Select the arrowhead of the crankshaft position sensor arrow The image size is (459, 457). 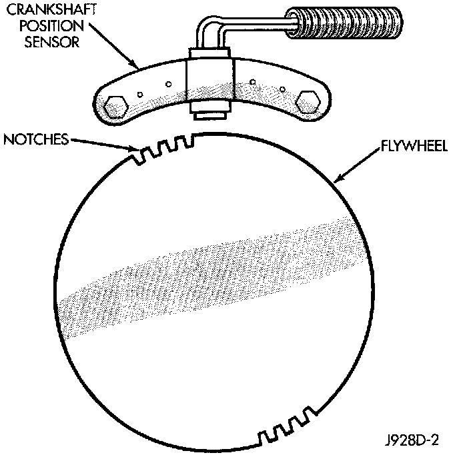139,69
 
